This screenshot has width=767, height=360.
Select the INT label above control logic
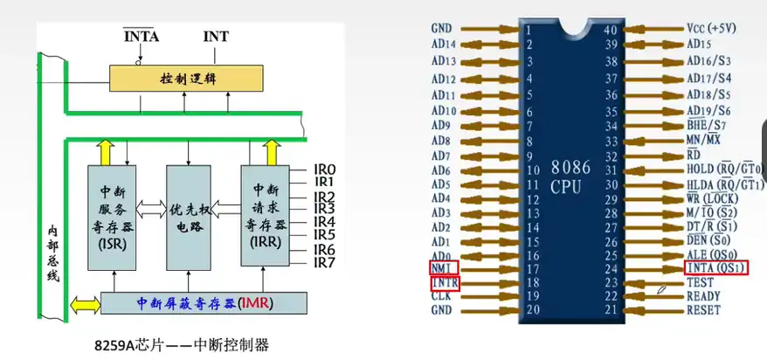point(216,37)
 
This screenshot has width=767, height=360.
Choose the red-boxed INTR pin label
point(445,283)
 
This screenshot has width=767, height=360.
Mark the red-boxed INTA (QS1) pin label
point(716,267)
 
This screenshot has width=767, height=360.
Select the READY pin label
point(704,296)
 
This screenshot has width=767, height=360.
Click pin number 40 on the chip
point(612,28)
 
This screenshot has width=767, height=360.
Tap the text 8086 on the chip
point(572,165)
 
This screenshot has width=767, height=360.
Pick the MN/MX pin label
point(706,140)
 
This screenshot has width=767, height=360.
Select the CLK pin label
point(442,296)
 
